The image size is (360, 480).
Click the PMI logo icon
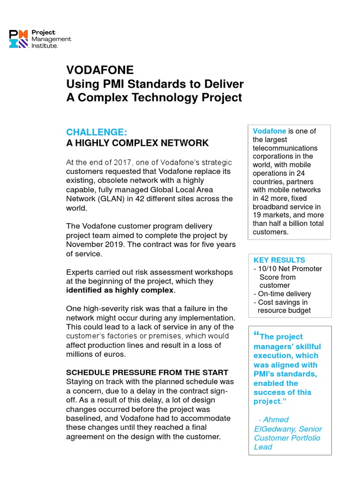click(x=19, y=39)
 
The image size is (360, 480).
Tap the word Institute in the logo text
click(x=45, y=46)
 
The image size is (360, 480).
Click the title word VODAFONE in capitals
click(x=100, y=70)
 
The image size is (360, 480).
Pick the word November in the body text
click(x=86, y=244)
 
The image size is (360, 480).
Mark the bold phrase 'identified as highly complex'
click(x=120, y=290)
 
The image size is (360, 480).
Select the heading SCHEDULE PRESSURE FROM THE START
click(x=147, y=372)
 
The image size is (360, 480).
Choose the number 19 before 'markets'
click(x=257, y=215)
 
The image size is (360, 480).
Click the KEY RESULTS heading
click(x=279, y=260)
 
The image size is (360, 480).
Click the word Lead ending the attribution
click(x=263, y=447)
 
